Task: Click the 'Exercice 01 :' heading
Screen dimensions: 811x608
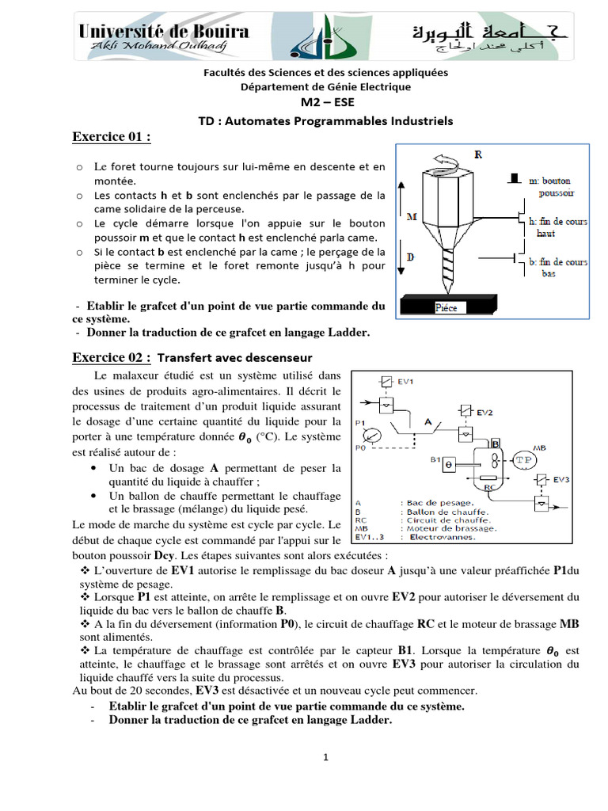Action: click(x=111, y=138)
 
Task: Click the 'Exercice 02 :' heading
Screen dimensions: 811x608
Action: click(x=112, y=357)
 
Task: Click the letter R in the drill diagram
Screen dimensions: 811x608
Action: click(x=477, y=154)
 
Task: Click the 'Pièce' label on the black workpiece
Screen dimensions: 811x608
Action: click(x=447, y=307)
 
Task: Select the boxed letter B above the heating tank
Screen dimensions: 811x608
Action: click(x=496, y=443)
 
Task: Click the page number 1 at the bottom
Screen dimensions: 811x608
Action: click(x=325, y=757)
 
